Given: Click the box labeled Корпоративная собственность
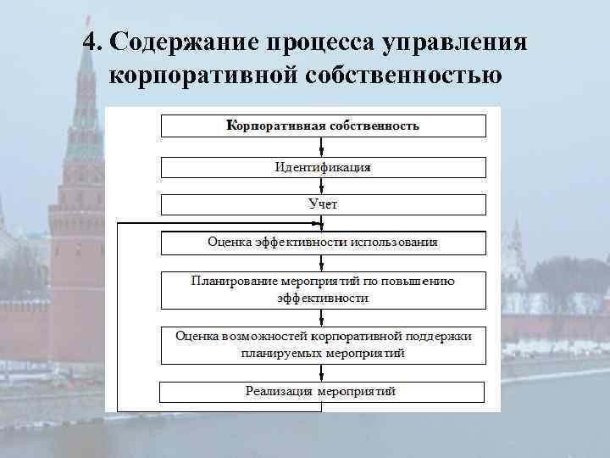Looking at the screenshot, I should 324,126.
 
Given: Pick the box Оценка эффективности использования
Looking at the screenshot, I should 324,243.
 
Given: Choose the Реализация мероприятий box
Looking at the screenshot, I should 322,392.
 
